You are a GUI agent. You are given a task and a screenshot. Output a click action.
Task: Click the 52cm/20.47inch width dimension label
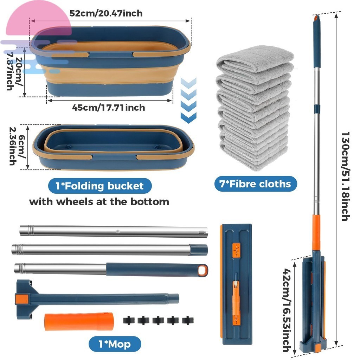pyautogui.click(x=106, y=14)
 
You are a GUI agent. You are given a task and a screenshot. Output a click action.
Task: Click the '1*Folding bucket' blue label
pyautogui.click(x=100, y=186)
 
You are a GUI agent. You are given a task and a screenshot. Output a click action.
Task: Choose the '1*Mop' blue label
pyautogui.click(x=114, y=343)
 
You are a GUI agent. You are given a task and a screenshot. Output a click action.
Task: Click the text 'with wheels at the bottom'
pyautogui.click(x=99, y=202)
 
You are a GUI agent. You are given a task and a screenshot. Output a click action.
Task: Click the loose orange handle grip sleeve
pyautogui.click(x=79, y=321)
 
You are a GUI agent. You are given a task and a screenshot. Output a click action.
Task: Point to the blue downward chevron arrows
pyautogui.click(x=188, y=100)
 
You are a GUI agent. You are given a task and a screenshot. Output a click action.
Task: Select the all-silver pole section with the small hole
pyautogui.click(x=114, y=231)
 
